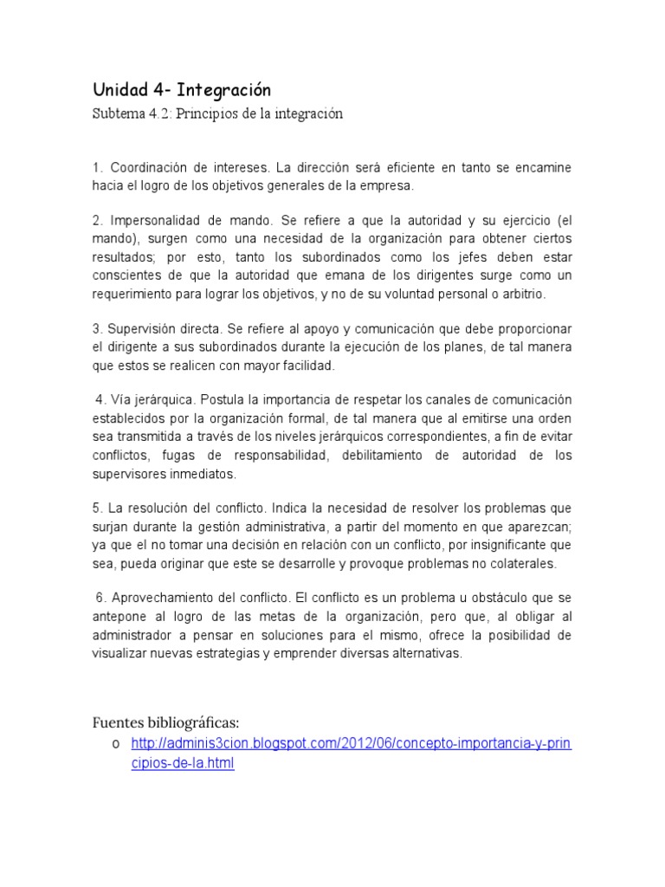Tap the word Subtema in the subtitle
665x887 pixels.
[x=119, y=113]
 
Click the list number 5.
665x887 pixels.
[x=96, y=508]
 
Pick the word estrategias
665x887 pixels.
[x=275, y=653]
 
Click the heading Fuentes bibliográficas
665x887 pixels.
[x=165, y=722]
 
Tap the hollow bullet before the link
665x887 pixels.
[x=114, y=744]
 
